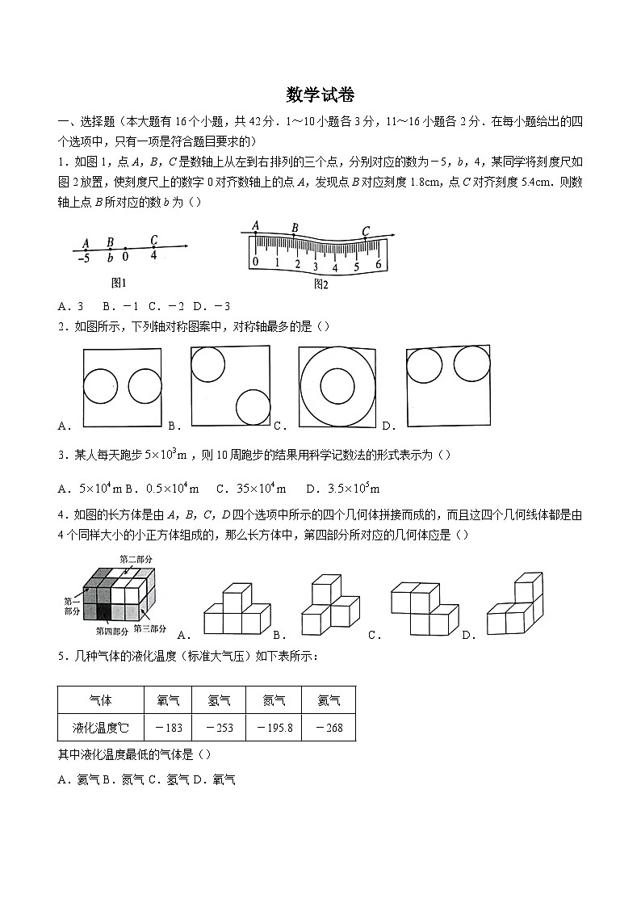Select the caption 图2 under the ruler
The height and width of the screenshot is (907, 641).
coord(320,283)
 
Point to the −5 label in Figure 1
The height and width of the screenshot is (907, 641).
coord(83,258)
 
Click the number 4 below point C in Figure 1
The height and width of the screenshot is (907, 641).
coord(153,256)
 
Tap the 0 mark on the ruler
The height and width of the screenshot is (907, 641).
coord(255,262)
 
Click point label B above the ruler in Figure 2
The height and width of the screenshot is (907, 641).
coord(295,229)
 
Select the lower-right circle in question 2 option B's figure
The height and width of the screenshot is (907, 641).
coord(253,406)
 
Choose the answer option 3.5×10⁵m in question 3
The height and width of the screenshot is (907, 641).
coord(343,489)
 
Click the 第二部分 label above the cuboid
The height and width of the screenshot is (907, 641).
coord(136,559)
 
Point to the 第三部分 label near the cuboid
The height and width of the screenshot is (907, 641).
coord(150,628)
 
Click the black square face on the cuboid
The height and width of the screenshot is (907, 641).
coord(104,613)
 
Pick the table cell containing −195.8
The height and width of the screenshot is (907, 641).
coord(274,728)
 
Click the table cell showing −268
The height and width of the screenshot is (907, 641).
coord(329,728)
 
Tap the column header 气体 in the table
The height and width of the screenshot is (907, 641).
coord(101,700)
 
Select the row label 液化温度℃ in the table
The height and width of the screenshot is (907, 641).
coord(101,728)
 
